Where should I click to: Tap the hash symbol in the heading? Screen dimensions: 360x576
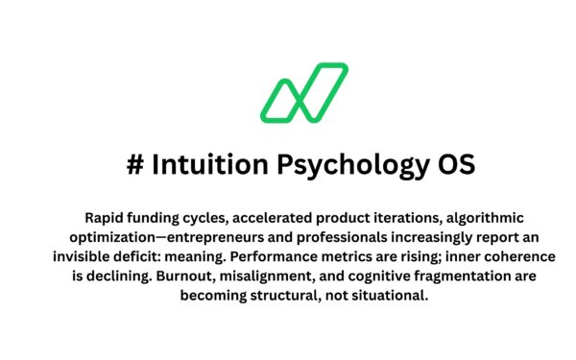pyautogui.click(x=135, y=164)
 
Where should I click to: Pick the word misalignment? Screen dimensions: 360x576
pyautogui.click(x=260, y=276)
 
